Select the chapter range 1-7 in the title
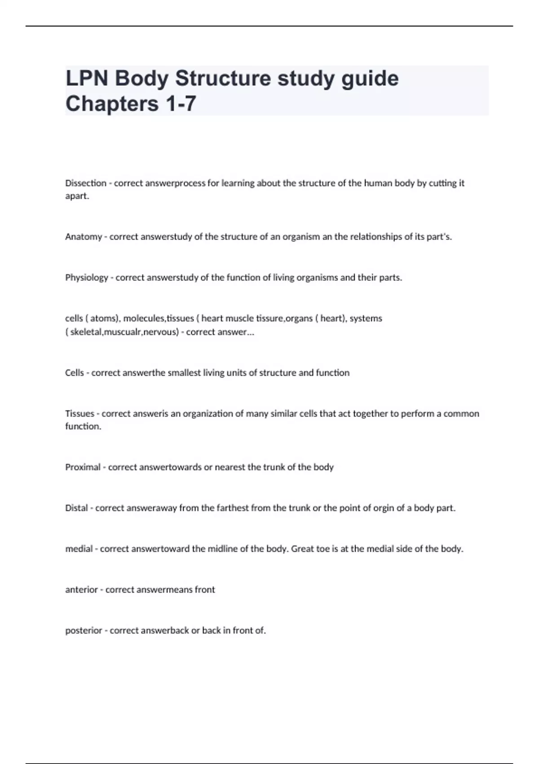181,104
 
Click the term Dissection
86,183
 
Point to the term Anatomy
83,237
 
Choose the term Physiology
87,278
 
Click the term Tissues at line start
80,413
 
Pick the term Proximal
83,467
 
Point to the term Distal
76,508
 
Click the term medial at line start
79,549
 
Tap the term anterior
81,590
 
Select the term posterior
84,631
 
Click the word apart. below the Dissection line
77,196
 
